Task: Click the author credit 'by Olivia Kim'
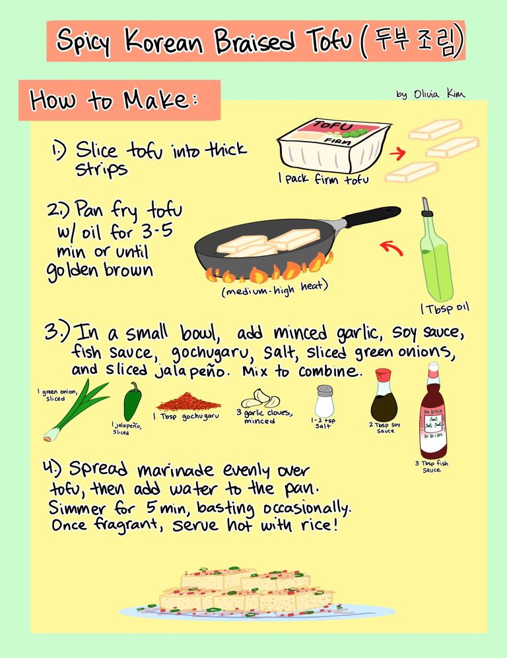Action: tap(430, 94)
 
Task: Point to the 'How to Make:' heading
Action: tap(114, 100)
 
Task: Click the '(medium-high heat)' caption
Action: tap(275, 288)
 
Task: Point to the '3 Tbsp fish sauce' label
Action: tap(431, 466)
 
